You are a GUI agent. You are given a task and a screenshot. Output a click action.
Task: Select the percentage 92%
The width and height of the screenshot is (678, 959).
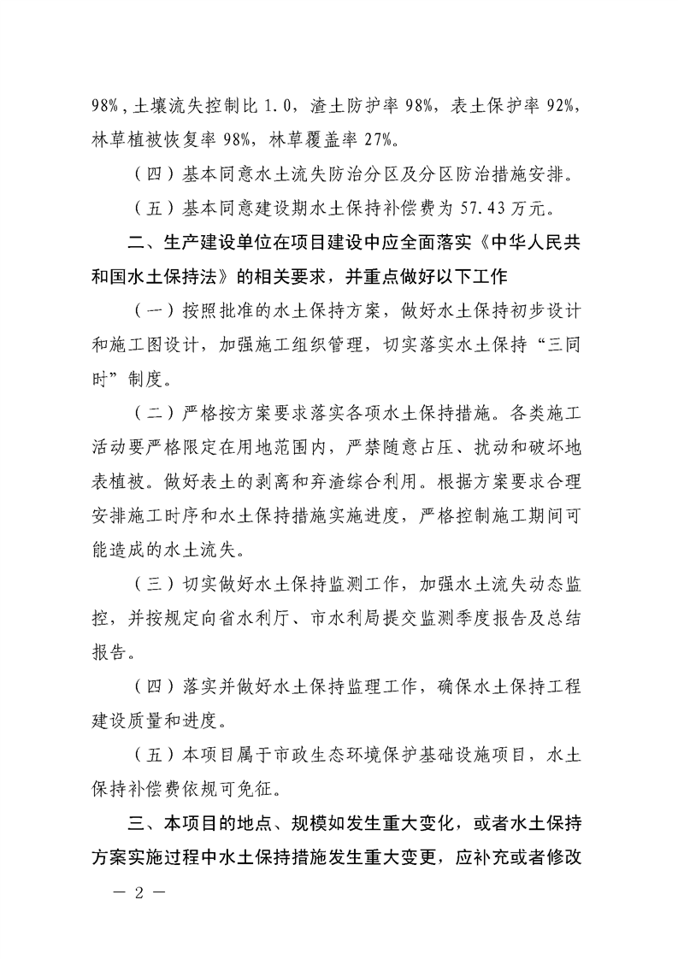pyautogui.click(x=564, y=108)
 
